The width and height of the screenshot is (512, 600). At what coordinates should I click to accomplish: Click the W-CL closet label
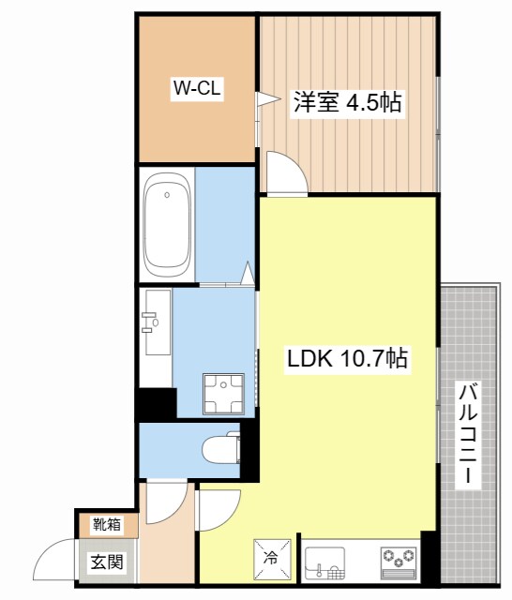[x=195, y=90]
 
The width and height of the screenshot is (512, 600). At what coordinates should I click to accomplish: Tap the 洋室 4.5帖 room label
[x=348, y=102]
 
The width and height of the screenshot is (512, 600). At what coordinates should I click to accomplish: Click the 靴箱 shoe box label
[x=106, y=526]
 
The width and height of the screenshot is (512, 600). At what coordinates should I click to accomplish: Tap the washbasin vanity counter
[x=155, y=323]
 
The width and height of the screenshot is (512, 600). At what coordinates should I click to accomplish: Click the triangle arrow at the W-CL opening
[x=265, y=97]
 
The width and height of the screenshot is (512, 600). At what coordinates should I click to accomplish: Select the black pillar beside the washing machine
[x=156, y=403]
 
